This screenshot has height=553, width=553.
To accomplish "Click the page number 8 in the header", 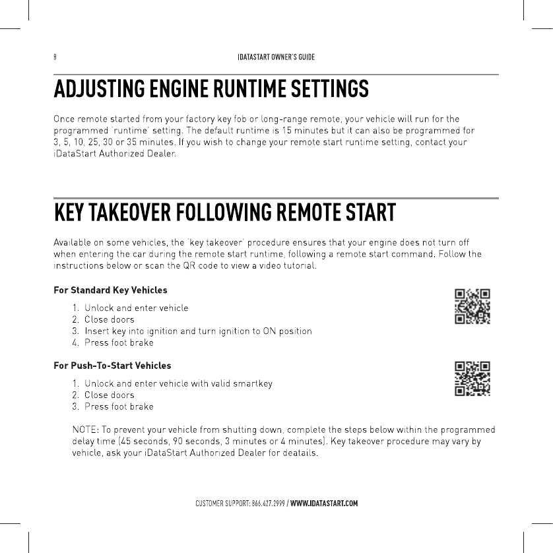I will click(x=55, y=57).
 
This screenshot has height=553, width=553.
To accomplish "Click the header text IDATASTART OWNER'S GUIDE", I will click(x=276, y=57).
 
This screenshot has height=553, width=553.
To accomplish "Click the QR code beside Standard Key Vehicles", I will click(x=472, y=306).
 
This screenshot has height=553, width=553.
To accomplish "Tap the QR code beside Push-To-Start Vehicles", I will click(x=472, y=378).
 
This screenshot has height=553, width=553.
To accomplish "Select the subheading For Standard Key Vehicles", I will click(x=110, y=290).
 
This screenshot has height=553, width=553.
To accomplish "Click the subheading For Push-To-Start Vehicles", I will click(x=112, y=365).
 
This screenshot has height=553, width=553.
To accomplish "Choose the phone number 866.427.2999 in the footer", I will click(x=268, y=504).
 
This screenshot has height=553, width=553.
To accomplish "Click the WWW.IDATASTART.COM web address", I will click(x=324, y=504).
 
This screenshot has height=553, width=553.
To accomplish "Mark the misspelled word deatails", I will click(x=300, y=453).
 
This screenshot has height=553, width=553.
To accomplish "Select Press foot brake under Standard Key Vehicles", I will click(x=119, y=342).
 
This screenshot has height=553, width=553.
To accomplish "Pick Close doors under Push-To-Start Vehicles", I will click(x=109, y=395).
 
